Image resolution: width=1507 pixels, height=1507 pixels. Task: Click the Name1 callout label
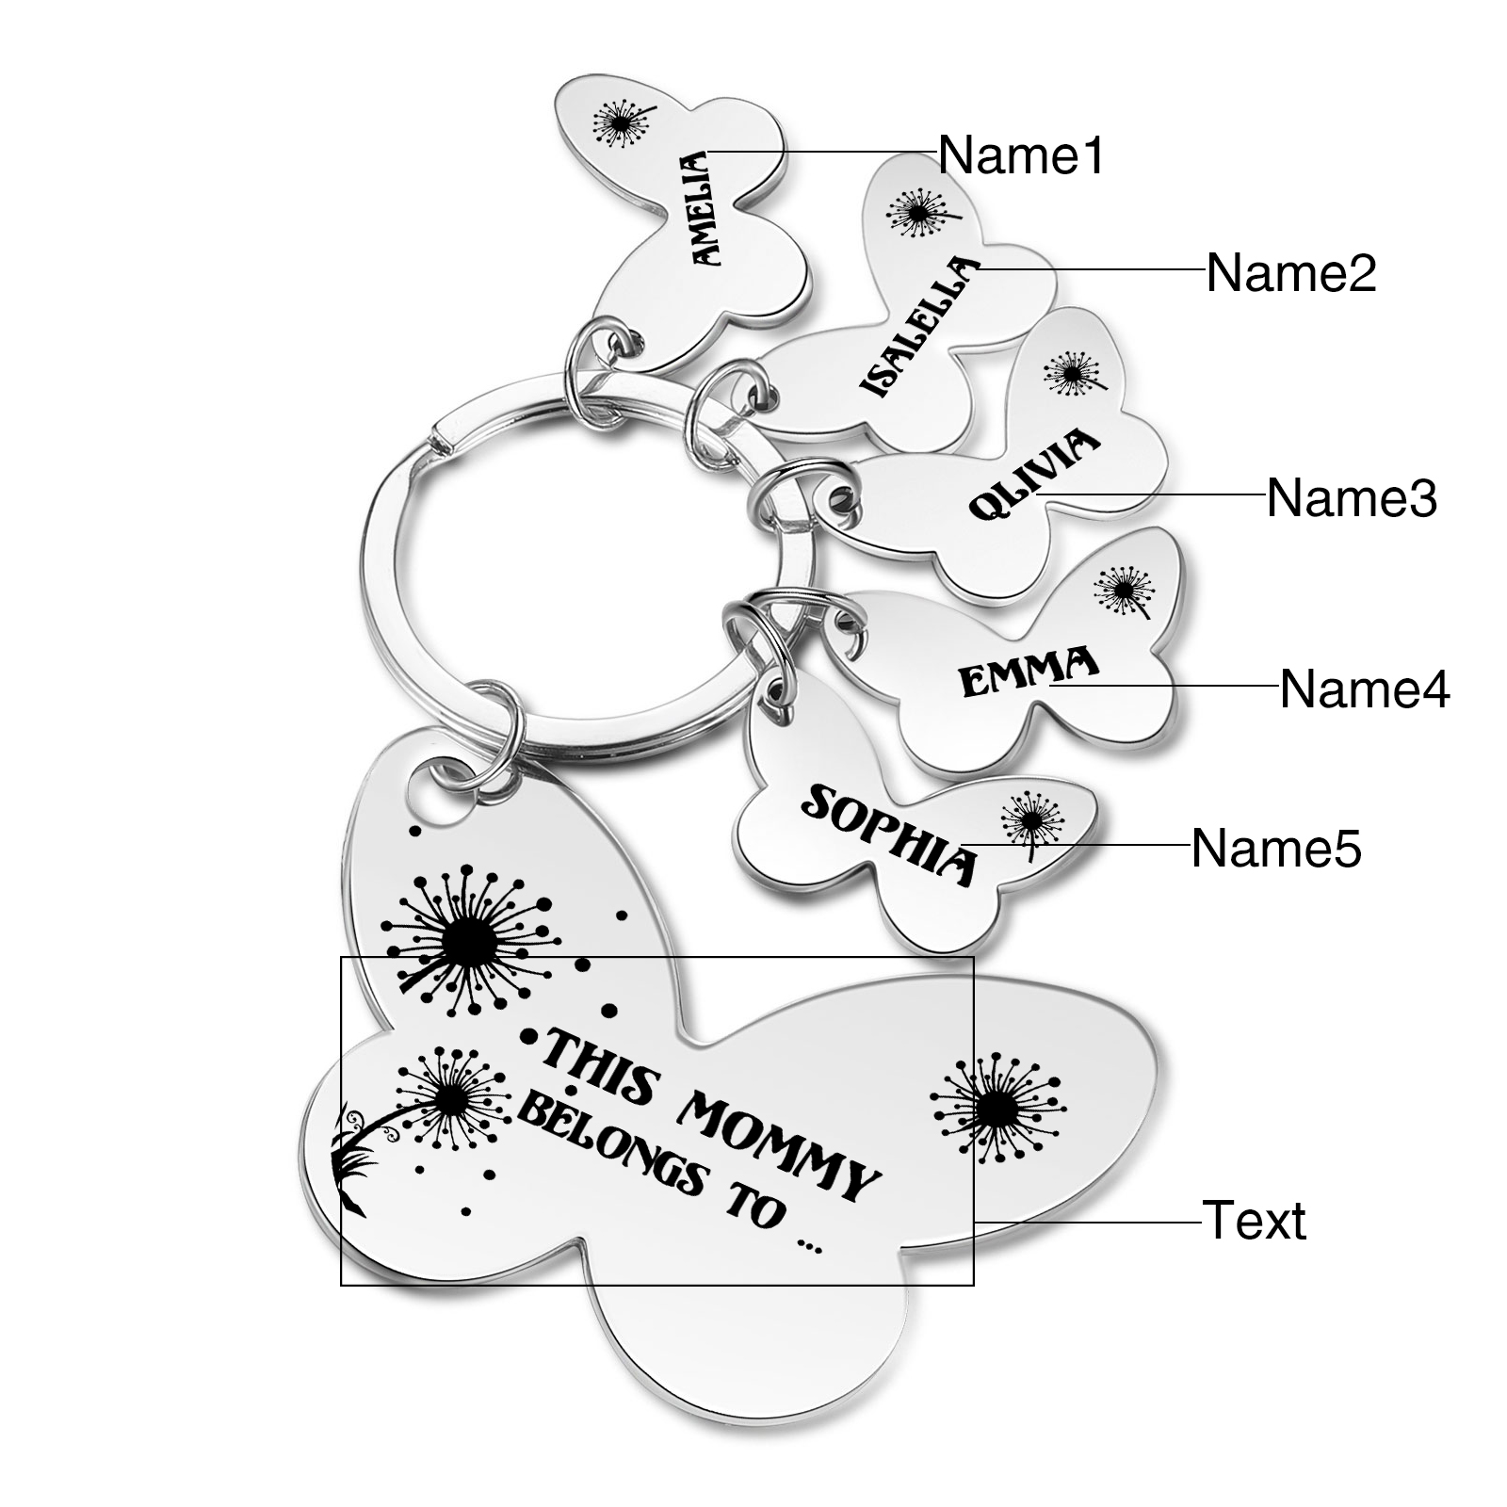coord(1021,154)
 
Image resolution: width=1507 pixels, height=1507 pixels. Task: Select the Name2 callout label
coord(1291,273)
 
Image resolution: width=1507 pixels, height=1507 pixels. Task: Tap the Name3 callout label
coord(1352,498)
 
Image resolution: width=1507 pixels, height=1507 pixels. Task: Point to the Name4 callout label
coord(1365,689)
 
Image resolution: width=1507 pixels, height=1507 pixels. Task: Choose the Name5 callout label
coord(1276,849)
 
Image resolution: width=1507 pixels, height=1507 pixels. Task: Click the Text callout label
coord(1254,1221)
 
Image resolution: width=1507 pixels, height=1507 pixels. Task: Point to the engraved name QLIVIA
coord(1035,475)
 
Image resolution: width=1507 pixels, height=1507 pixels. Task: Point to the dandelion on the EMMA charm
coord(1124,591)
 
